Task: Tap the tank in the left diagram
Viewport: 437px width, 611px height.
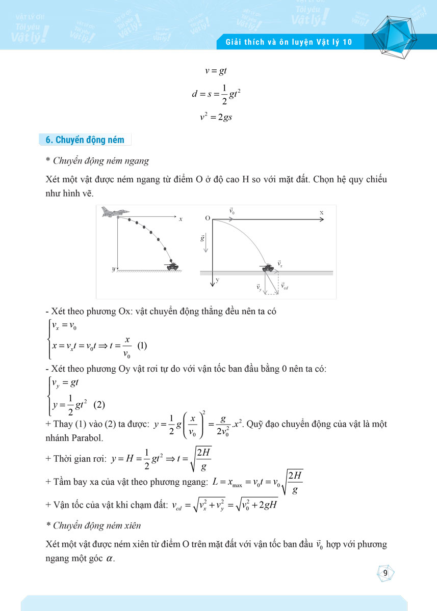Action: click(172, 265)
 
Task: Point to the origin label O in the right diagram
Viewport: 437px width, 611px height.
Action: click(208, 218)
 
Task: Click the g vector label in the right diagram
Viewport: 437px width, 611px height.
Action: click(202, 238)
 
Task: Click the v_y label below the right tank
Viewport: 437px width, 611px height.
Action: click(259, 288)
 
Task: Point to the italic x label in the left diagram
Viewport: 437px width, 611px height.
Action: click(181, 219)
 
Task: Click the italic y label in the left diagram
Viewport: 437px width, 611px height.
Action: click(114, 268)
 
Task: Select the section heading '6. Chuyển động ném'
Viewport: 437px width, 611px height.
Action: click(82, 140)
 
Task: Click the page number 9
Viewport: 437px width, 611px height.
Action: click(385, 574)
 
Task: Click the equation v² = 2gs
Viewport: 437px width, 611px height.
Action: click(216, 117)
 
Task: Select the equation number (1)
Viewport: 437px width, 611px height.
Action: click(142, 346)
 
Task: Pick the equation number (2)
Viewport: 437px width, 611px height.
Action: click(99, 405)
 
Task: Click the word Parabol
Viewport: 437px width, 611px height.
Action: click(87, 438)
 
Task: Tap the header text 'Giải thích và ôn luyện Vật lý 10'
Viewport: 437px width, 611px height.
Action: click(289, 42)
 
